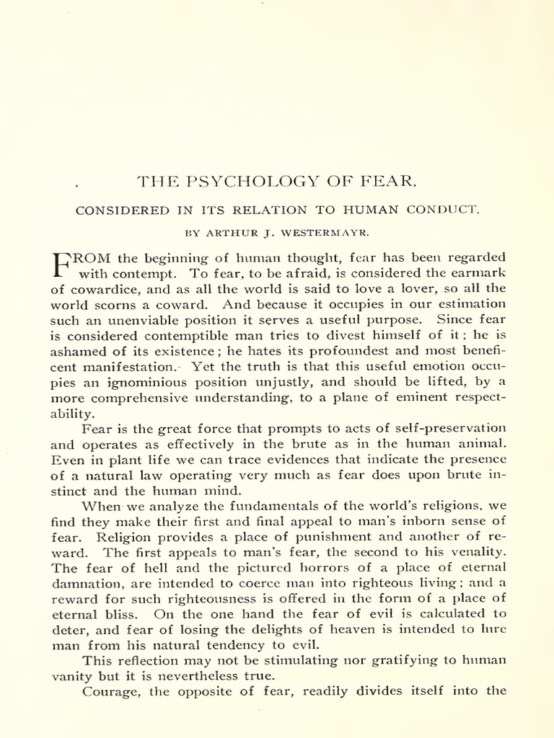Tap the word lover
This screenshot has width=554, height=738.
pyautogui.click(x=379, y=290)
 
